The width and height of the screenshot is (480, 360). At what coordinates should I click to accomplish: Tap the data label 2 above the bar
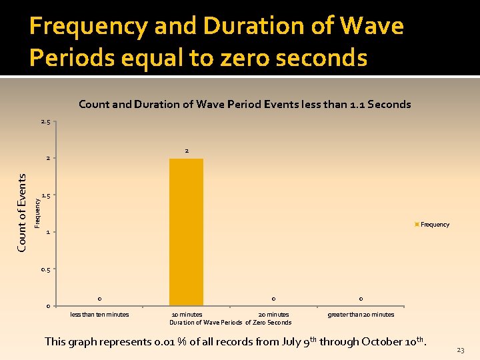pyautogui.click(x=187, y=151)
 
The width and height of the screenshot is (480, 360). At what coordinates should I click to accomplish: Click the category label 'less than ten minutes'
pyautogui.click(x=100, y=315)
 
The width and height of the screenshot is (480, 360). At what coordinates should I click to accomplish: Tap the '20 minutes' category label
pyautogui.click(x=273, y=315)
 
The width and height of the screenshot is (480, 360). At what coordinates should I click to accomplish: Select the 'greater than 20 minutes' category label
pyautogui.click(x=361, y=315)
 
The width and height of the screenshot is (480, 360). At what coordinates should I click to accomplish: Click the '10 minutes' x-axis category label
pyautogui.click(x=187, y=315)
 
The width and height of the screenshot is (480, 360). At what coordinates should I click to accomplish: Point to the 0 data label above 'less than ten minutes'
pyautogui.click(x=99, y=299)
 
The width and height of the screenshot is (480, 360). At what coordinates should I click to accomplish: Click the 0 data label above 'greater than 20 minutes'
pyautogui.click(x=361, y=299)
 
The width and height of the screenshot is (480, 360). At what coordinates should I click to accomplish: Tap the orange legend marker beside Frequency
pyautogui.click(x=417, y=225)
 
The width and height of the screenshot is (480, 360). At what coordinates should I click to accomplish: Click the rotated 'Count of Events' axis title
pyautogui.click(x=22, y=213)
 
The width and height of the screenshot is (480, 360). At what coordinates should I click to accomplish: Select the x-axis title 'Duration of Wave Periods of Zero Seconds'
pyautogui.click(x=230, y=323)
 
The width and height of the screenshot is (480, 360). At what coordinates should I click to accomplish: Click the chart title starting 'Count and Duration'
pyautogui.click(x=245, y=104)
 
